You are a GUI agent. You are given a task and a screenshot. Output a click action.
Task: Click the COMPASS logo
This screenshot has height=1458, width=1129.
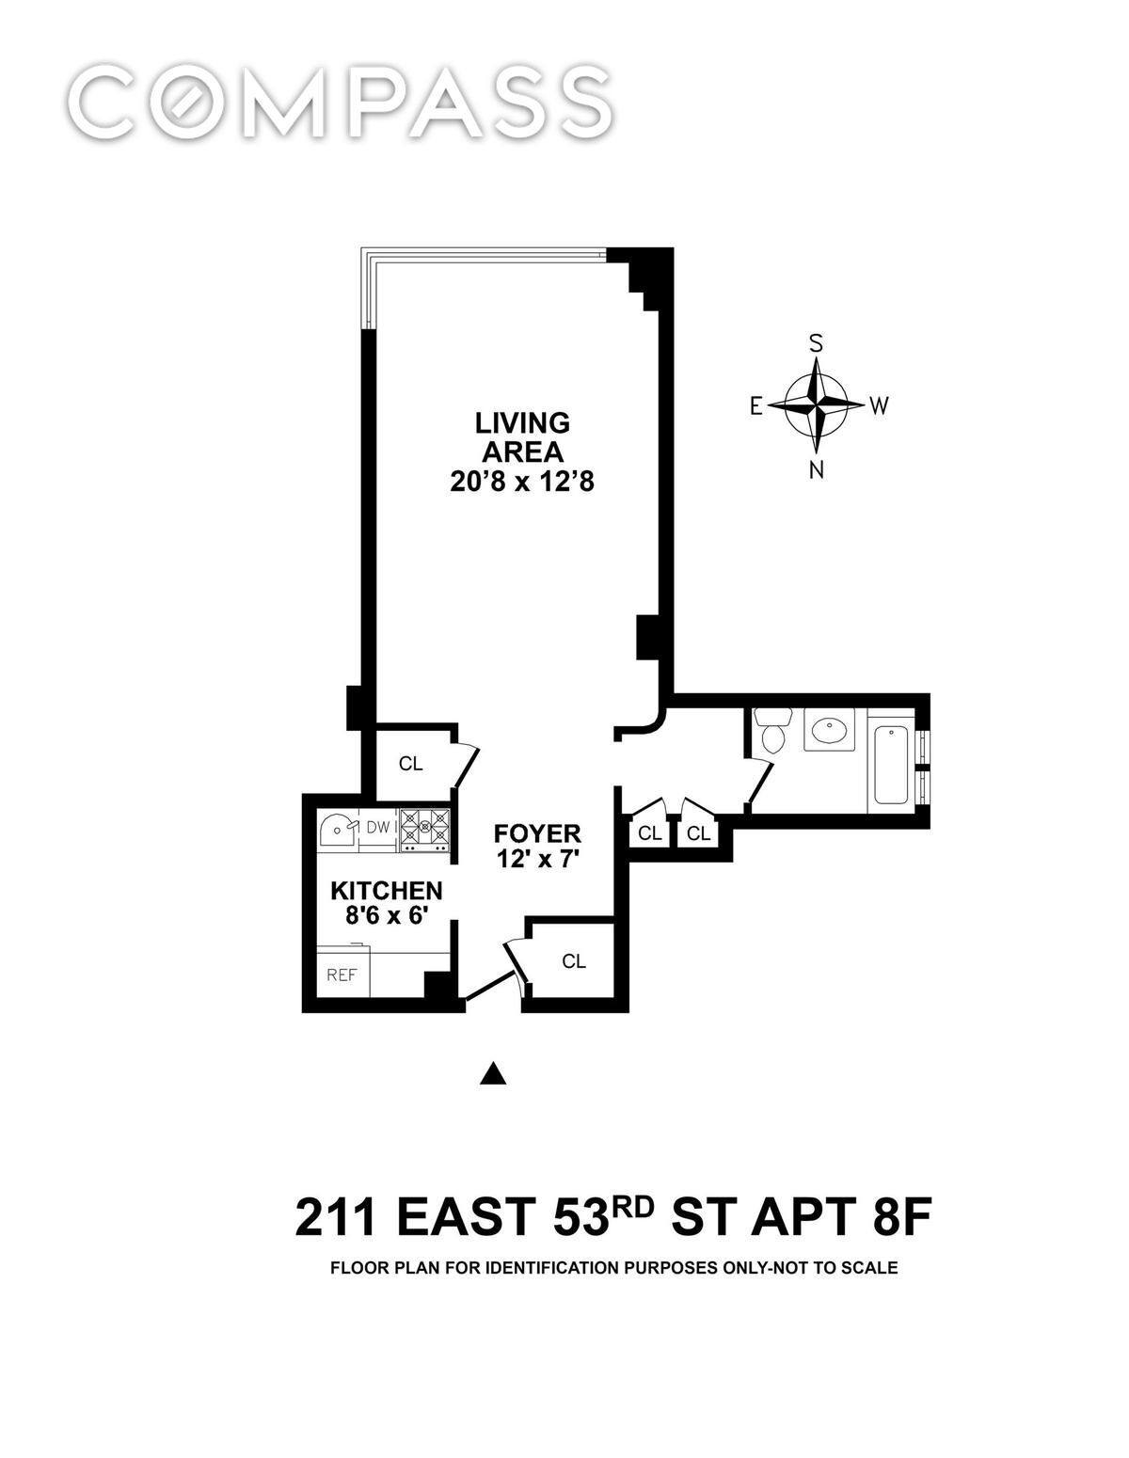pyautogui.click(x=340, y=102)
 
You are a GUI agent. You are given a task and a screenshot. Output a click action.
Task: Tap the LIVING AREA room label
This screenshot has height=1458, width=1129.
pyautogui.click(x=522, y=437)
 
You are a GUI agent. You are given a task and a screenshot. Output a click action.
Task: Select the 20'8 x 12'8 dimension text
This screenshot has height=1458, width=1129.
pyautogui.click(x=522, y=483)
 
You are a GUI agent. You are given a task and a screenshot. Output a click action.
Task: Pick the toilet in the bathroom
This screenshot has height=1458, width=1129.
pyautogui.click(x=770, y=729)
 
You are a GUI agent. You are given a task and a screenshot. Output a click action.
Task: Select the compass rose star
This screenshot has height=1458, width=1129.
pyautogui.click(x=816, y=405)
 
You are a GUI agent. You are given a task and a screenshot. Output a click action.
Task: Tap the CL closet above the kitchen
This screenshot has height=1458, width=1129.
pyautogui.click(x=410, y=764)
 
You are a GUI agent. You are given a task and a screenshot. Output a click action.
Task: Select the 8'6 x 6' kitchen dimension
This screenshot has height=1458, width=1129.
pyautogui.click(x=387, y=916)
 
